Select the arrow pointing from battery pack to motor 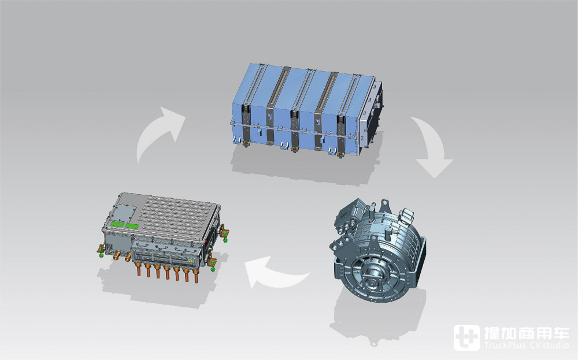431,146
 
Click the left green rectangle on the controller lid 117,224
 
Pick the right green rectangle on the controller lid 132,226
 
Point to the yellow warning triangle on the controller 191,261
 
